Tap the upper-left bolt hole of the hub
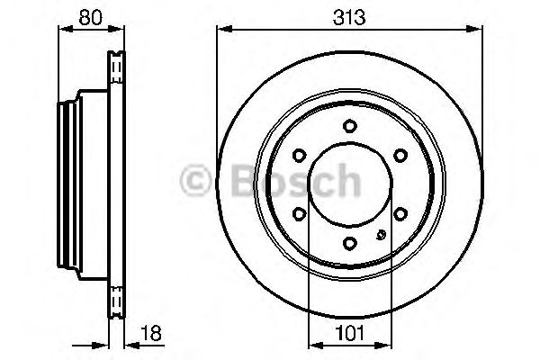301,155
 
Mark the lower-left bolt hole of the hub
301,212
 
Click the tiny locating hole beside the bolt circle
380,236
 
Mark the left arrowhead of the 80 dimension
62,30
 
